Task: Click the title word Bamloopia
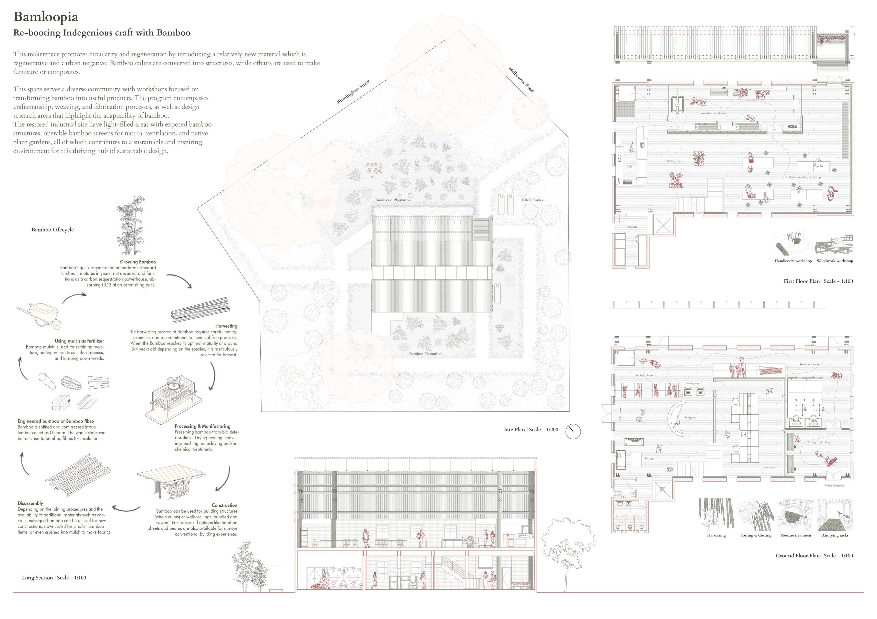point(46,17)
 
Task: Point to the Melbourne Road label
point(521,79)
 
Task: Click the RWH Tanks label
point(532,200)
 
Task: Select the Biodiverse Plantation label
point(393,200)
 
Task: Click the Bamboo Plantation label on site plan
point(425,354)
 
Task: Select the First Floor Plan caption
point(818,281)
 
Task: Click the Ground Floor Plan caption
point(814,556)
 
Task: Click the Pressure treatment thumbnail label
point(796,535)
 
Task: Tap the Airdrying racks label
point(835,535)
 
